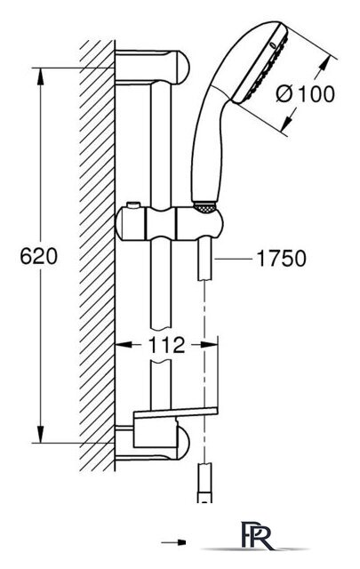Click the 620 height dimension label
point(38,256)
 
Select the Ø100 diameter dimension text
point(305,94)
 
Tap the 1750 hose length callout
point(281,259)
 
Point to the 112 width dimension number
point(166,345)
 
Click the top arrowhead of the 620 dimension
point(41,76)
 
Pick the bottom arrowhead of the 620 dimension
point(41,434)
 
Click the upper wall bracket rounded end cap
point(180,68)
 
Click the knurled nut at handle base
point(205,207)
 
